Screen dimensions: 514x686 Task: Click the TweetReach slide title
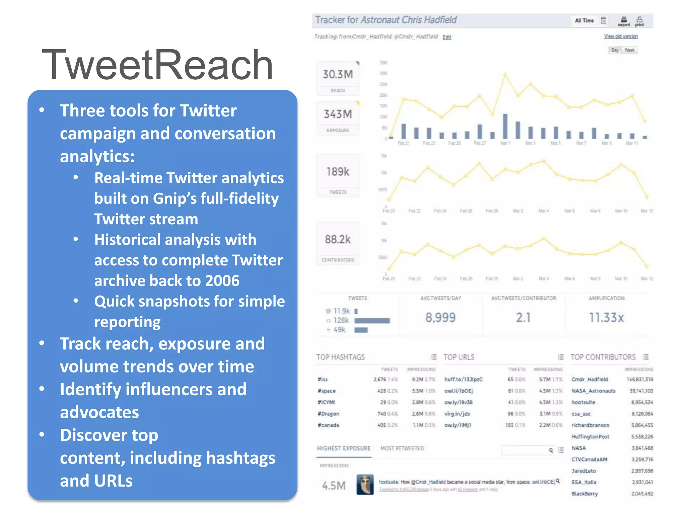click(x=157, y=65)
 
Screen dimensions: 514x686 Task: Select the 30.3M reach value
click(x=338, y=74)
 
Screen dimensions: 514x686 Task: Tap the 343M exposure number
click(x=338, y=114)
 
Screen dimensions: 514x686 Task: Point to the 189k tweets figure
click(x=338, y=172)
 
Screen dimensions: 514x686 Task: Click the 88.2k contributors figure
click(x=338, y=240)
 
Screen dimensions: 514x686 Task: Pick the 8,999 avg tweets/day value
click(x=440, y=318)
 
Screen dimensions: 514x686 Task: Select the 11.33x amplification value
click(x=606, y=318)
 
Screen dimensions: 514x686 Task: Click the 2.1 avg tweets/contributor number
click(x=523, y=318)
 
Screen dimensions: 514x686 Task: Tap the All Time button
click(x=584, y=21)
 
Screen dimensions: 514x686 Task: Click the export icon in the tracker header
click(x=624, y=21)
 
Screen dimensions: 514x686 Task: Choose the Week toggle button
click(x=629, y=50)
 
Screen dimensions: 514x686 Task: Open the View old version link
click(x=621, y=36)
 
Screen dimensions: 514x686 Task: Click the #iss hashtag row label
click(x=323, y=379)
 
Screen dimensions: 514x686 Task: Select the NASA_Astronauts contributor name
click(x=594, y=391)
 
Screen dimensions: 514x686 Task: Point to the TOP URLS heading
click(x=459, y=357)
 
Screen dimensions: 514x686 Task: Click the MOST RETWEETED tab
click(x=402, y=448)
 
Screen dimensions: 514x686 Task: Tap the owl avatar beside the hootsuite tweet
click(x=365, y=485)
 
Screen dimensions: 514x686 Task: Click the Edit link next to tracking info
click(x=447, y=37)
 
